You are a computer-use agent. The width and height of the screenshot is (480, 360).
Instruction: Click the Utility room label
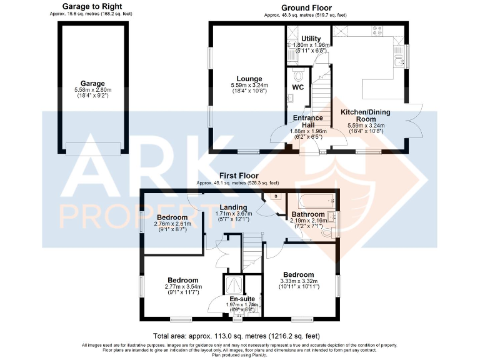tap(311, 39)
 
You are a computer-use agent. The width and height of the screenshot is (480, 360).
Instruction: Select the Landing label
tap(232, 207)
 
